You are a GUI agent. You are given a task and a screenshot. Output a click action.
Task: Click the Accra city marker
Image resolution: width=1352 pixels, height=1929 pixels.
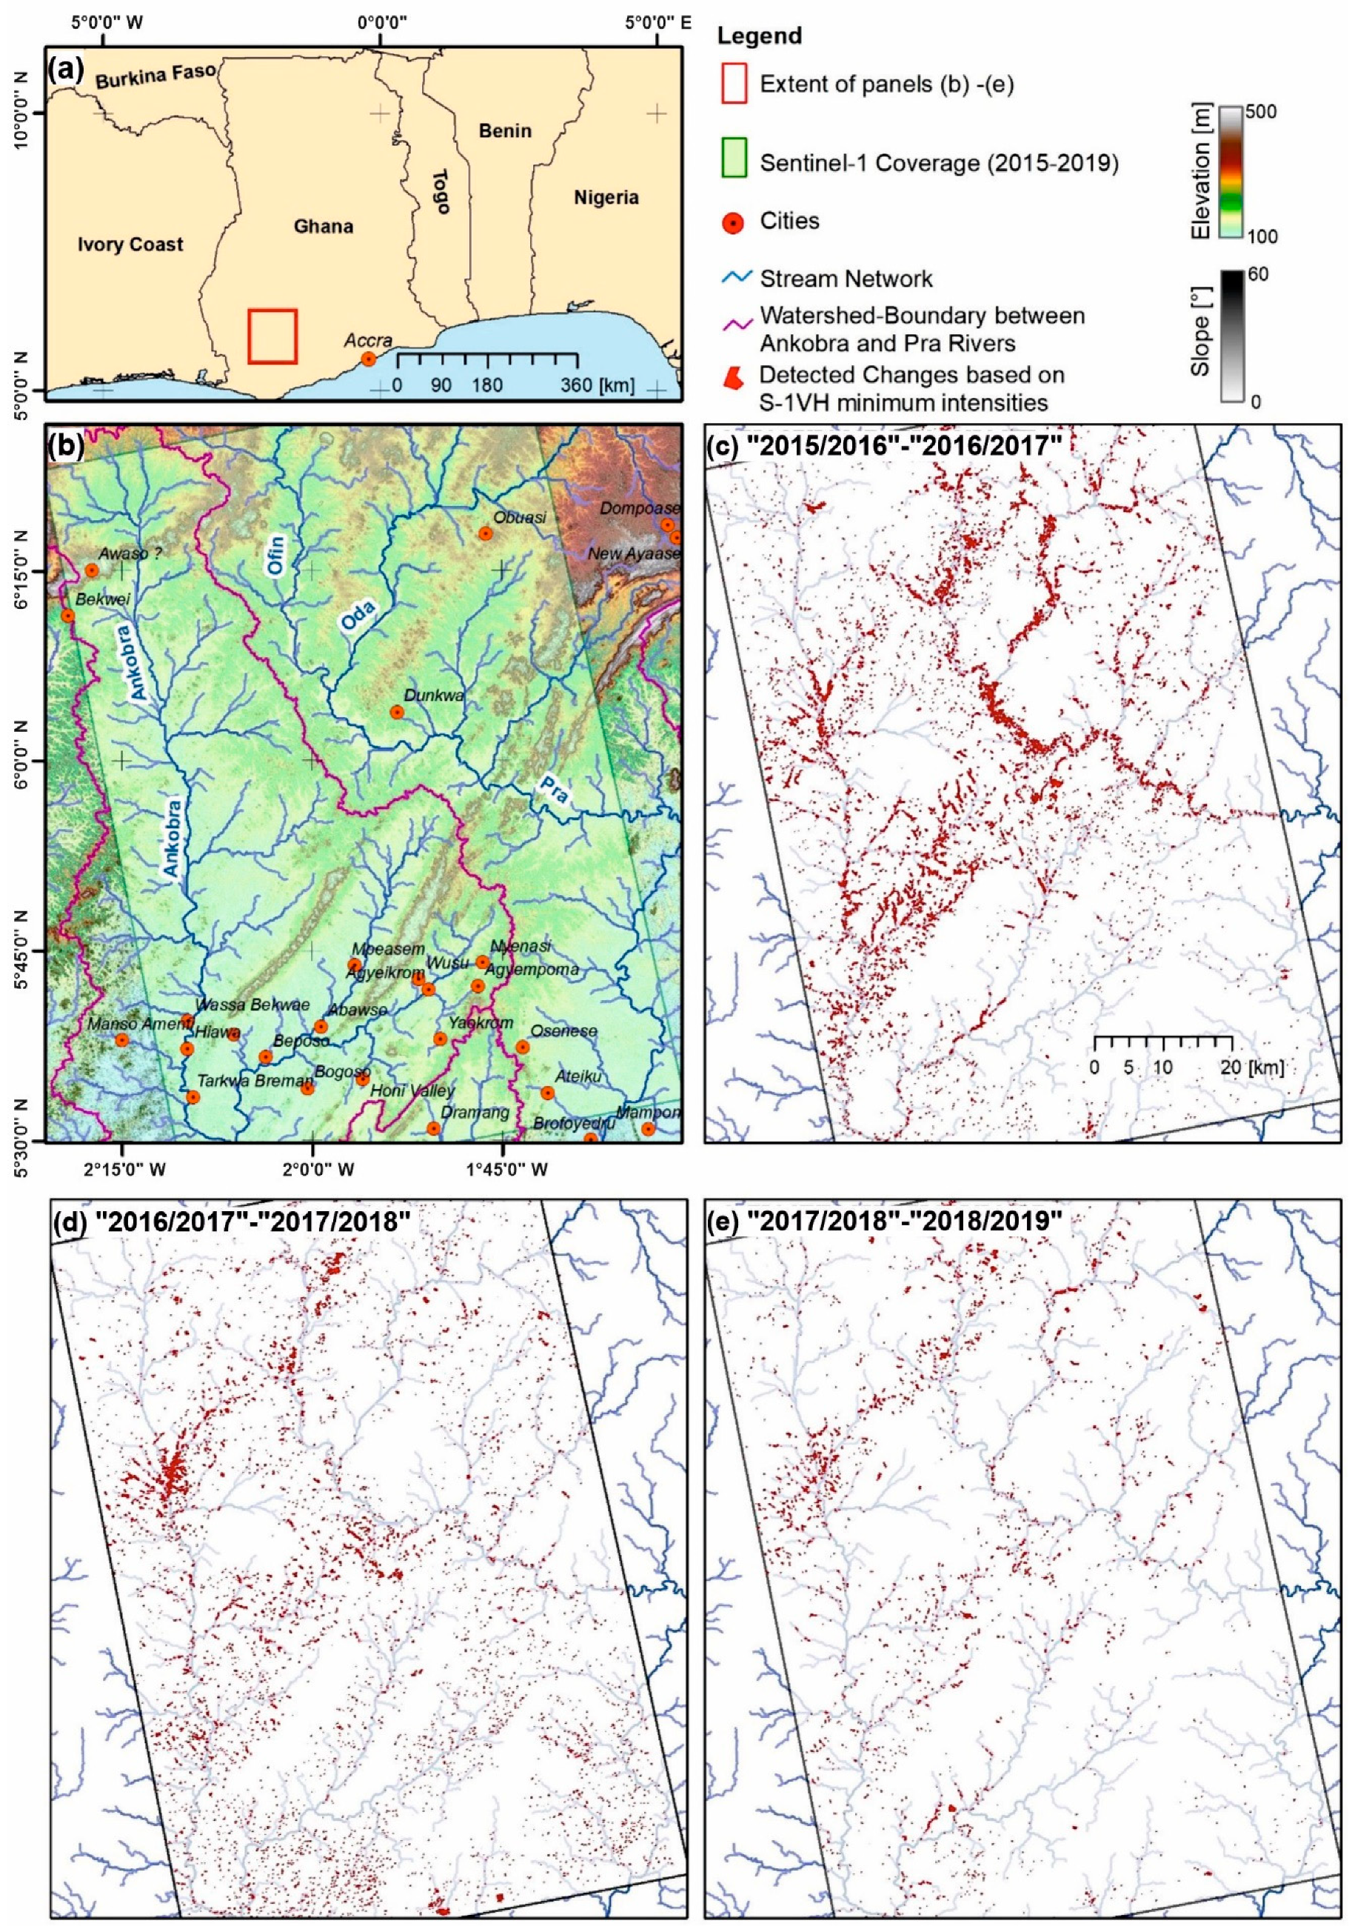tap(368, 359)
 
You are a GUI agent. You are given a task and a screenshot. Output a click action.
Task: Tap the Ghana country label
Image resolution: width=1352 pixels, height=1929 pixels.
tap(324, 226)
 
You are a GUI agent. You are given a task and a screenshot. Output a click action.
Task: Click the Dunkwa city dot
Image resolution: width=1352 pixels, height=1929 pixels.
tap(397, 712)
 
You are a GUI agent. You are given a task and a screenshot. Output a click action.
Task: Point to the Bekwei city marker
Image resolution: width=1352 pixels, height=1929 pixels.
tap(68, 616)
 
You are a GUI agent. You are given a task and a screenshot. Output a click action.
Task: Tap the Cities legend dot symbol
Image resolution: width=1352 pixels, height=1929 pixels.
tap(733, 223)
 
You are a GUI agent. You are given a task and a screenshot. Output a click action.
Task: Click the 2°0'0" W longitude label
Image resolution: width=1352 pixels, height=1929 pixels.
tap(312, 1169)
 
